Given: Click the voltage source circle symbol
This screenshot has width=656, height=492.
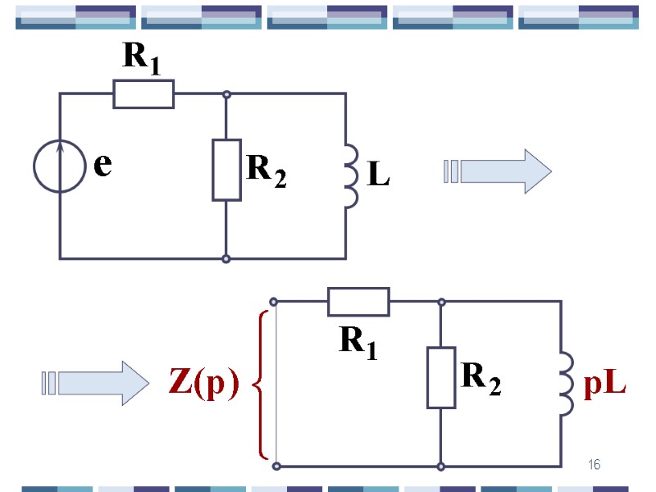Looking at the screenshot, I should pos(59,166).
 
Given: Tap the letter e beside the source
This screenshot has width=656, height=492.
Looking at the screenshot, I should pos(102,166).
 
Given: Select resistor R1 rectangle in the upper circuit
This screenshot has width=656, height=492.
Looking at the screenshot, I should pos(143,93).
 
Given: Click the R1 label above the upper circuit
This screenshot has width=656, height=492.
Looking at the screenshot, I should pos(141,57).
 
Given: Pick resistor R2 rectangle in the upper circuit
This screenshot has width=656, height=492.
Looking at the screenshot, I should pos(226,170).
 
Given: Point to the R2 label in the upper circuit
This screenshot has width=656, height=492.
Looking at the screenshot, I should pos(266,171).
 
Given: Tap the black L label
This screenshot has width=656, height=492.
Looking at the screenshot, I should pos(377,174).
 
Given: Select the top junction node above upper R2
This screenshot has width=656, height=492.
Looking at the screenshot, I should pos(226,93).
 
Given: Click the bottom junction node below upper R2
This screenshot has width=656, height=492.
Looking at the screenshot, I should pos(226,258).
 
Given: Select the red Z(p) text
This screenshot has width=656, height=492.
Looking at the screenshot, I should pos(203,383).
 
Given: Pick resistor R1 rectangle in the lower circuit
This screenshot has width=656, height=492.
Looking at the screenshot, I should pos(358,302).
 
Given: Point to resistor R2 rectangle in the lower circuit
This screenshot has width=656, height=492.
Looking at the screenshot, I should pos(441,377).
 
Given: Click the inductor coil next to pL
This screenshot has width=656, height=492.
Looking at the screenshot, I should pos(567,384).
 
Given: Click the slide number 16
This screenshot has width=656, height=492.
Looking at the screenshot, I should pos(594,466).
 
